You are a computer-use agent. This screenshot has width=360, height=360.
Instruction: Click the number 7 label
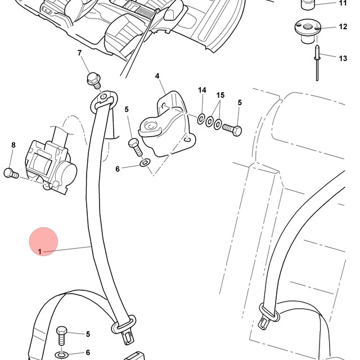click(x=79, y=53)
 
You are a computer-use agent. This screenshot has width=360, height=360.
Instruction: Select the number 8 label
click(x=13, y=145)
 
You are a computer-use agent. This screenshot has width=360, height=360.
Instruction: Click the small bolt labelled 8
click(x=11, y=173)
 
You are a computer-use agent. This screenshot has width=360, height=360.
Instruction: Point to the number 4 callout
click(x=157, y=76)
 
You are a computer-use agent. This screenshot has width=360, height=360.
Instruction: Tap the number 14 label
click(x=202, y=90)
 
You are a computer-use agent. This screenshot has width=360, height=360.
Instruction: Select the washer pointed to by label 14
click(x=201, y=119)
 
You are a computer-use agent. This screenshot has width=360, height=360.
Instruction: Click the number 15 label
click(x=220, y=95)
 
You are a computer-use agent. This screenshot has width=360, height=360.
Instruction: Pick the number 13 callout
click(x=343, y=58)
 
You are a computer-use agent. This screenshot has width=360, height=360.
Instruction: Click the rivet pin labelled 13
click(x=317, y=63)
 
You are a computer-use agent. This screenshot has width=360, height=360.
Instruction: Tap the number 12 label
click(x=343, y=26)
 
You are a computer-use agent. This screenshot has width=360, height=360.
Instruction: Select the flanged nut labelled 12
click(x=308, y=31)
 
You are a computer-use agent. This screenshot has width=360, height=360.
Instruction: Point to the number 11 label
click(x=343, y=3)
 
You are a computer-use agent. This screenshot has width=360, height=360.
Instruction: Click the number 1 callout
click(x=40, y=252)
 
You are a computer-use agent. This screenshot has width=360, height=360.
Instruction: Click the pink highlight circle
click(x=43, y=241)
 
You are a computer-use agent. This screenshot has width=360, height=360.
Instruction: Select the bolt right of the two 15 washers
click(x=232, y=130)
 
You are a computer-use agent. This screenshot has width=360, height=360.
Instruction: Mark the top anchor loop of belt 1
click(x=103, y=101)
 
